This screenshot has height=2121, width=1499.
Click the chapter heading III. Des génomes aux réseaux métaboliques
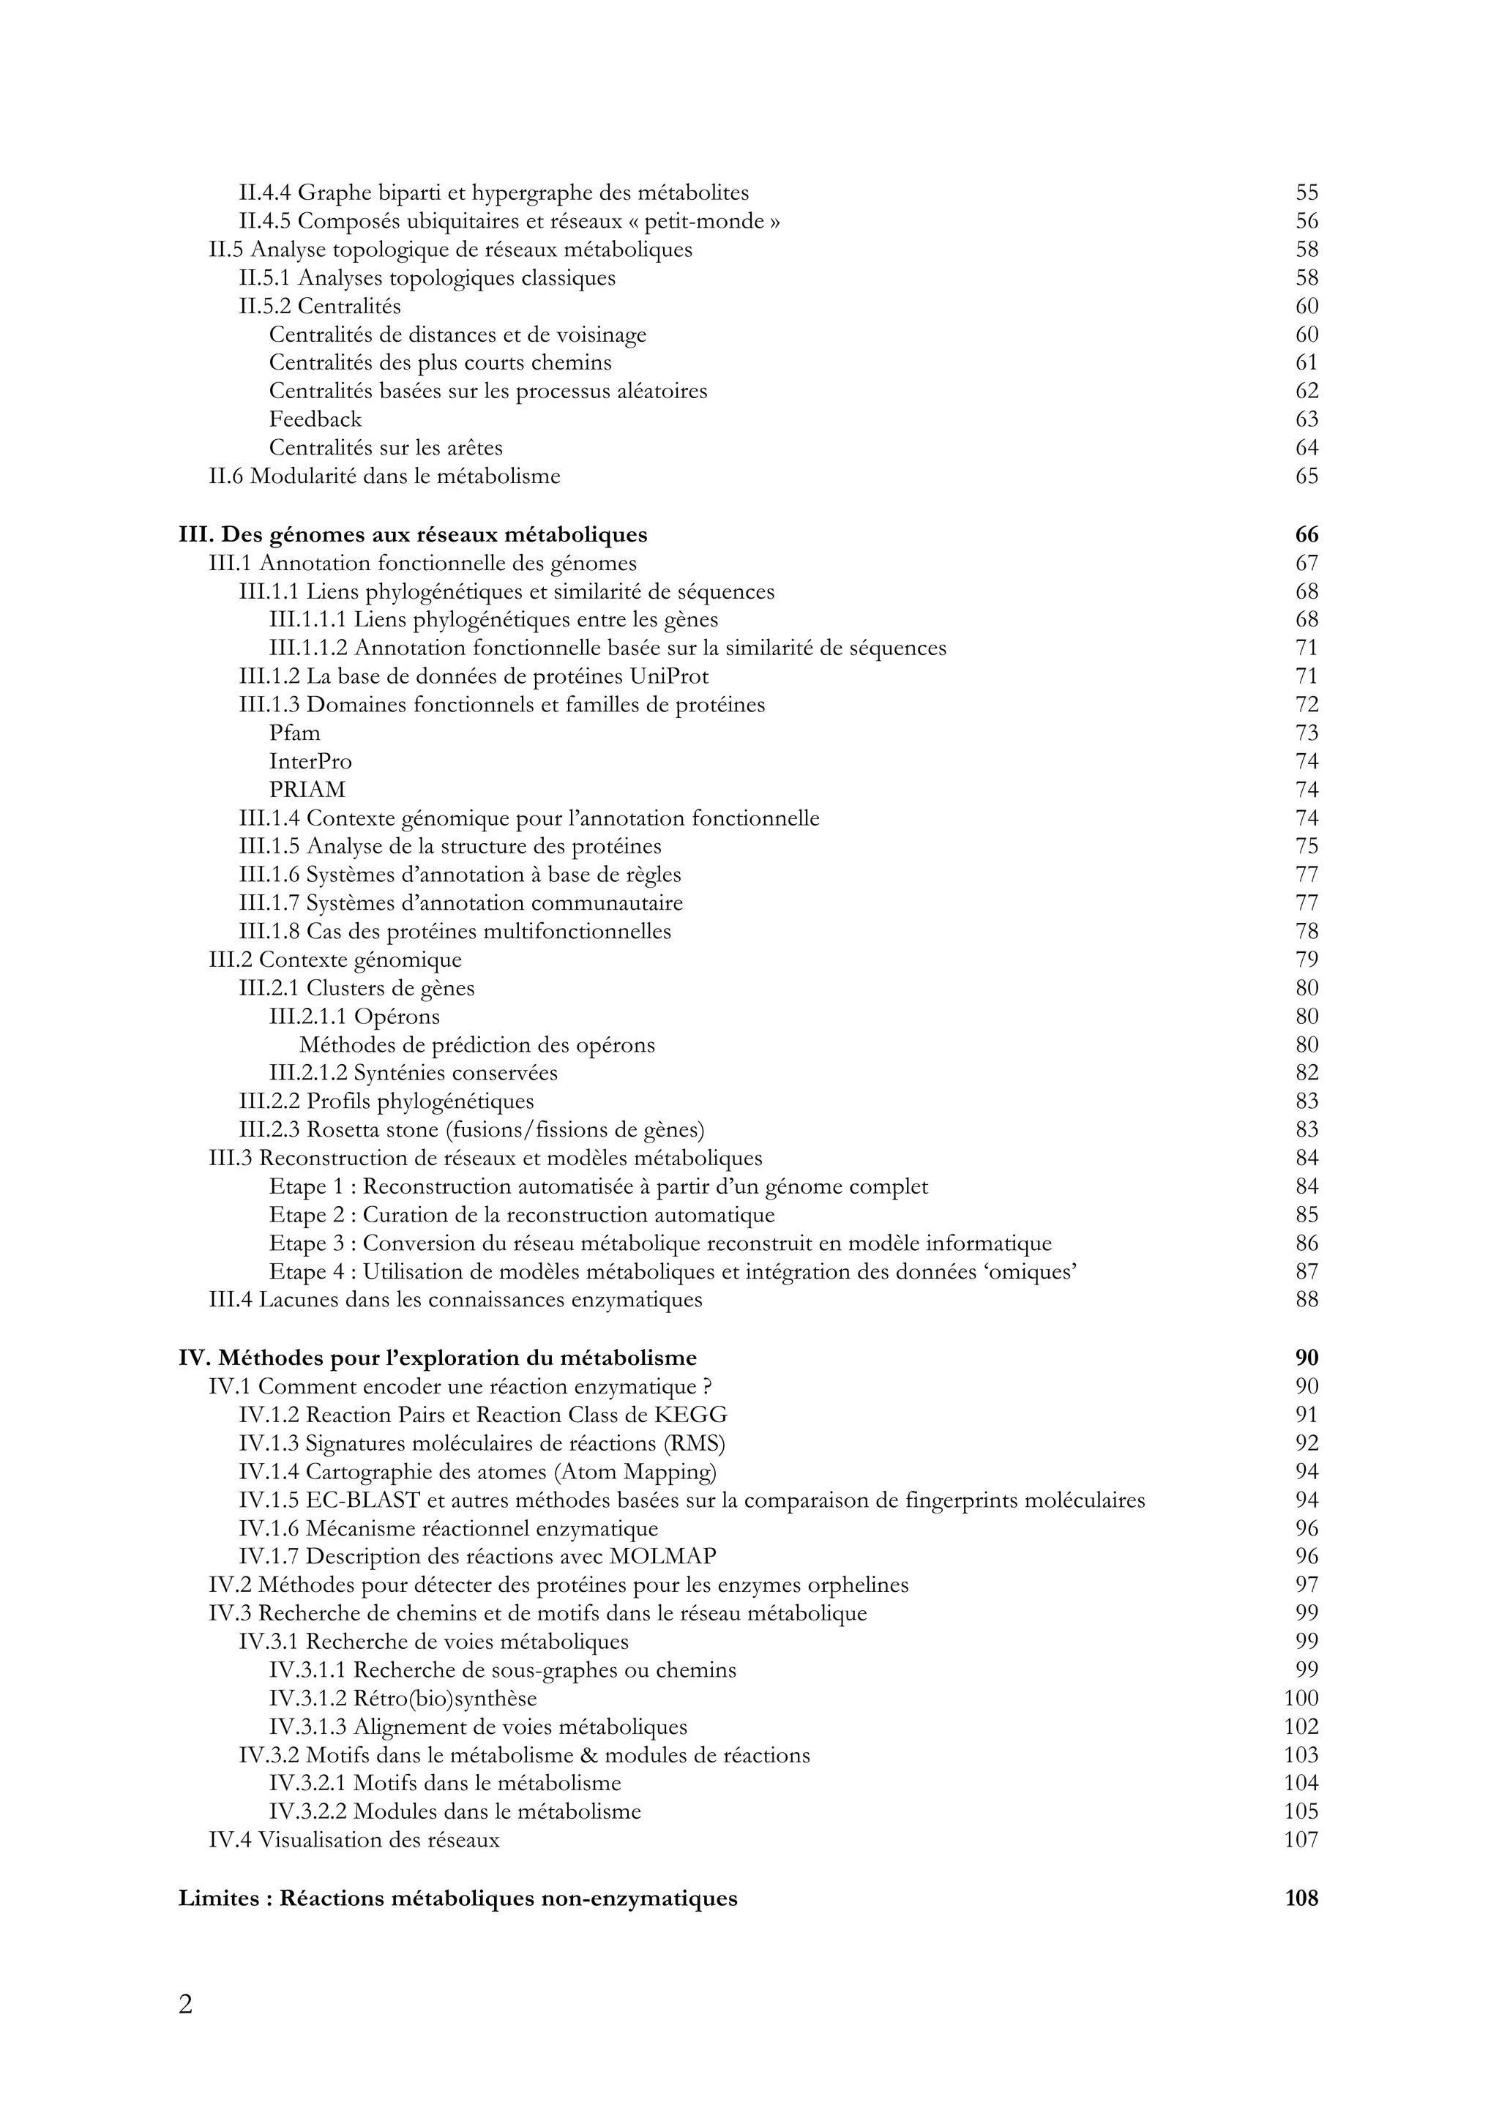[413, 535]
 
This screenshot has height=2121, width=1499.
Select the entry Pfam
[295, 733]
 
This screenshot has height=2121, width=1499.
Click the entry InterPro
[310, 761]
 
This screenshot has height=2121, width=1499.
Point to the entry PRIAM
[307, 790]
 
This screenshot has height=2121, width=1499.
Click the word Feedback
[315, 419]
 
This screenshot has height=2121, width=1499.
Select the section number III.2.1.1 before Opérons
[307, 1017]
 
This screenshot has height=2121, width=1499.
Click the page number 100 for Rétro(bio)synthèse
[1301, 1698]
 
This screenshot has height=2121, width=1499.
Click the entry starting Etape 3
[660, 1244]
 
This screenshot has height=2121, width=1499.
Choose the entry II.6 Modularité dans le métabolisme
[384, 476]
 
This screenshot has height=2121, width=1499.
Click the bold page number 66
[1306, 535]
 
